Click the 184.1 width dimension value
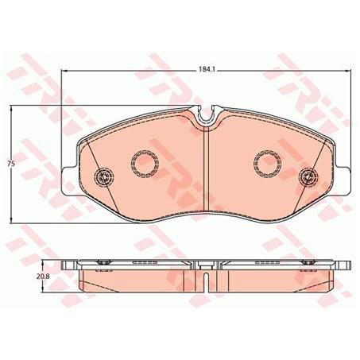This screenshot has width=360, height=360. pyautogui.click(x=207, y=71)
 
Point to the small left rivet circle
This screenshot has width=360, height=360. pyautogui.click(x=103, y=176)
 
